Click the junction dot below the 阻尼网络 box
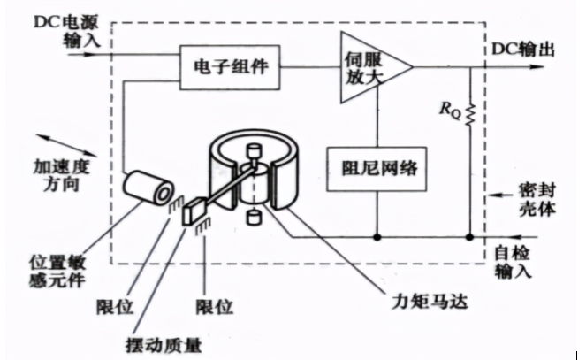378,237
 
